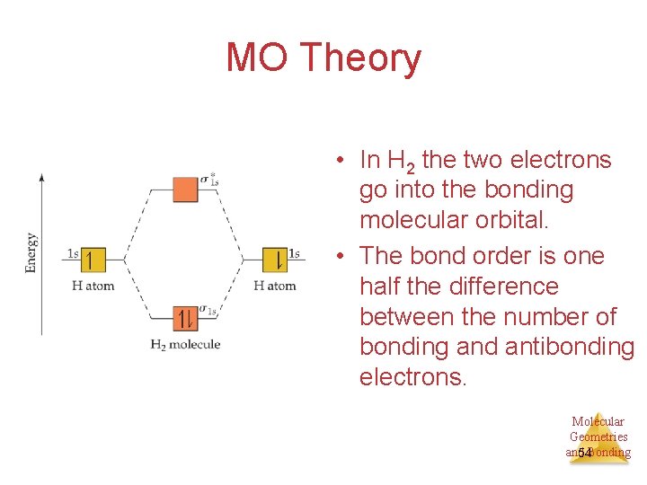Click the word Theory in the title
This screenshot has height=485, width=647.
point(361,57)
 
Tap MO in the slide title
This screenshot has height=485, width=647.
point(258,57)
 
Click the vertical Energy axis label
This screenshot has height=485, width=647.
point(31,252)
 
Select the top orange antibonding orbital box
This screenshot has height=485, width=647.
point(185,190)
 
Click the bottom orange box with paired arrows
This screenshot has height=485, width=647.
point(185,318)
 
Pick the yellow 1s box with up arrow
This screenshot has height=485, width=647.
point(93,260)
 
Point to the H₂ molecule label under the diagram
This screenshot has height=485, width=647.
point(185,344)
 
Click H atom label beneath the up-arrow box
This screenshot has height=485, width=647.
point(93,286)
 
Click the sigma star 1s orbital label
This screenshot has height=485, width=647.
point(209,179)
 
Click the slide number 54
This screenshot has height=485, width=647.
point(584,454)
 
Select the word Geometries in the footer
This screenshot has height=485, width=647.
point(598,436)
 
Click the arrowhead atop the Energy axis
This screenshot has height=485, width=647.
point(41,177)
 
